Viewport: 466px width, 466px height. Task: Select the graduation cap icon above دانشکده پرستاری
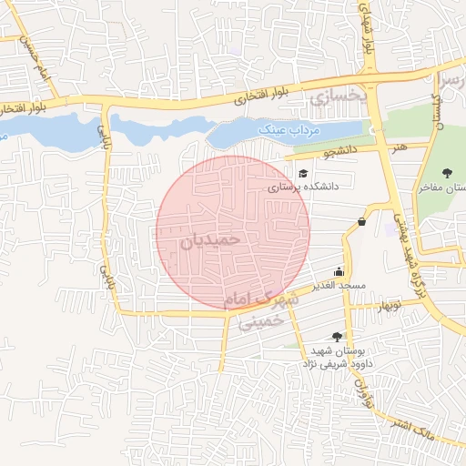tap(303, 173)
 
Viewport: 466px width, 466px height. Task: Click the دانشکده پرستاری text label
tap(303, 186)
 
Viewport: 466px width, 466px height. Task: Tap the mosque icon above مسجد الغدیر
tap(339, 270)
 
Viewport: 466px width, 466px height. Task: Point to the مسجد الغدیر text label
tap(339, 285)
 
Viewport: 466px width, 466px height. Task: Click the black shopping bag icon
tap(362, 221)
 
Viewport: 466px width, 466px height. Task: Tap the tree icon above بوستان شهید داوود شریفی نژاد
tap(338, 336)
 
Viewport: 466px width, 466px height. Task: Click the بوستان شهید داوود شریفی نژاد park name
tap(332, 357)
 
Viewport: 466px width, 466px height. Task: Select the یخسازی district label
tap(337, 94)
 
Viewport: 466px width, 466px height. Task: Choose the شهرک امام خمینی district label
tap(265, 310)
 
